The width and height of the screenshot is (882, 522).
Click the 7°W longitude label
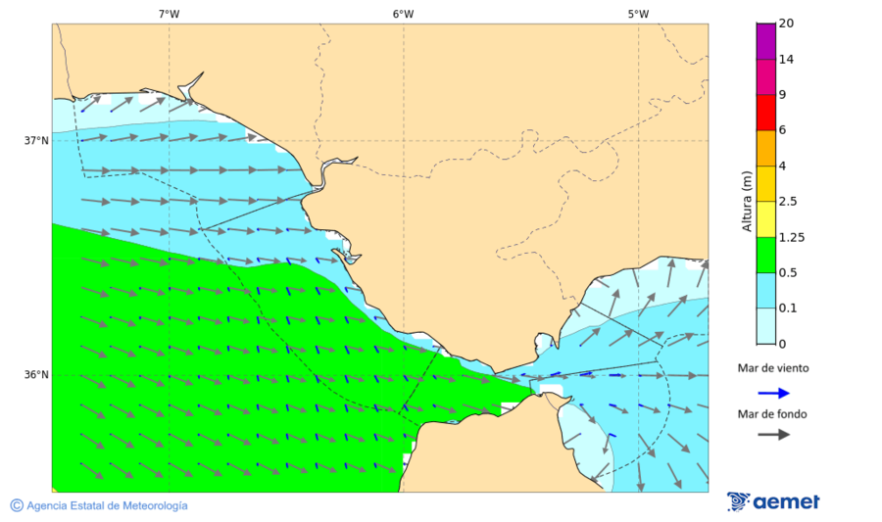pyautogui.click(x=169, y=14)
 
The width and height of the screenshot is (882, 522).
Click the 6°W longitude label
pyautogui.click(x=403, y=14)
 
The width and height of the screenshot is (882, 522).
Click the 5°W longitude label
pyautogui.click(x=638, y=14)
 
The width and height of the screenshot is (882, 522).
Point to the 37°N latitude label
pyautogui.click(x=36, y=140)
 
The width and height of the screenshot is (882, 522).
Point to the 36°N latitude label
pyautogui.click(x=36, y=375)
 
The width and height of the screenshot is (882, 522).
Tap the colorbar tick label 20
pyautogui.click(x=786, y=24)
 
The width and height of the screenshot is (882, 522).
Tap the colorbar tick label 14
pyautogui.click(x=786, y=60)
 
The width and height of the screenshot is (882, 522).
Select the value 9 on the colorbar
pyautogui.click(x=782, y=95)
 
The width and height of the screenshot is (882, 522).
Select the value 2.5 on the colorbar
pyautogui.click(x=787, y=202)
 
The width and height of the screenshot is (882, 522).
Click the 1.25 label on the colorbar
pyautogui.click(x=790, y=237)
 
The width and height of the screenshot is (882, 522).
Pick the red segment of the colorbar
pyautogui.click(x=765, y=113)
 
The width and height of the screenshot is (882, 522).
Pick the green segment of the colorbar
pyautogui.click(x=765, y=255)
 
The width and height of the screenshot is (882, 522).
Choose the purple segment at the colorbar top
pyautogui.click(x=765, y=41)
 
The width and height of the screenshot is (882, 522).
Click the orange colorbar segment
pyautogui.click(x=765, y=148)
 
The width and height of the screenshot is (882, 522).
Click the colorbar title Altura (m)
pyautogui.click(x=747, y=202)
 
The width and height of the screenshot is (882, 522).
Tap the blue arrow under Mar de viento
pyautogui.click(x=773, y=393)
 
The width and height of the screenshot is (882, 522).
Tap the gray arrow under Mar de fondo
pyautogui.click(x=773, y=434)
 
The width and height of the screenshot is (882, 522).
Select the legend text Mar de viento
pyautogui.click(x=773, y=368)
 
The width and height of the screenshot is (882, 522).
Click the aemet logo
pyautogui.click(x=773, y=501)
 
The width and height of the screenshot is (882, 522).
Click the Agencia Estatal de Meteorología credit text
pyautogui.click(x=99, y=505)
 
